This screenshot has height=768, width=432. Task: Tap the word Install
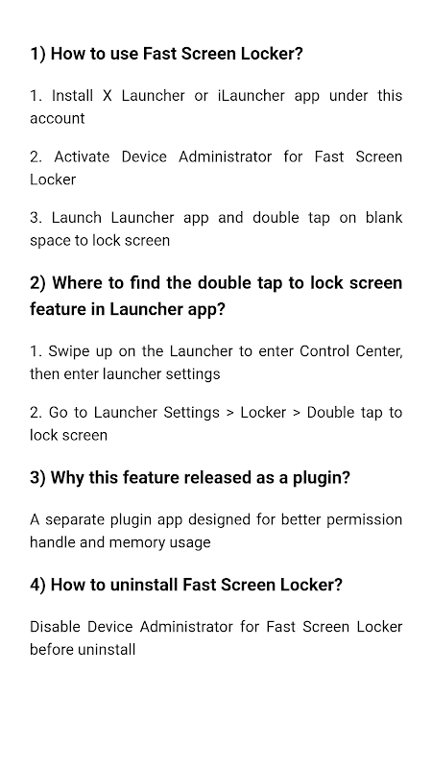coord(73,96)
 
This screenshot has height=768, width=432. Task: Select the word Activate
coord(82,156)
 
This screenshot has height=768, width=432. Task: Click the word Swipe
coord(68,351)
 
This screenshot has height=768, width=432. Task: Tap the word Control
coord(325,351)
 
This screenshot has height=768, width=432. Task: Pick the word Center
coord(379,351)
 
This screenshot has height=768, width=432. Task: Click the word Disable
coord(56,627)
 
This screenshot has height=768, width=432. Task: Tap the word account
coord(58,119)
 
